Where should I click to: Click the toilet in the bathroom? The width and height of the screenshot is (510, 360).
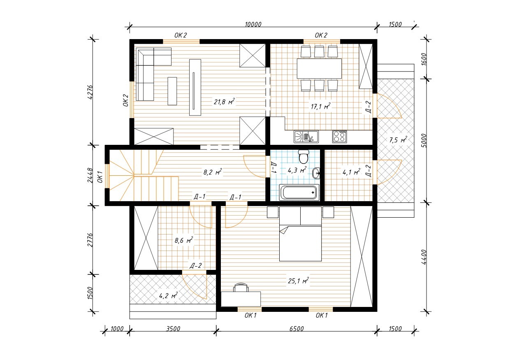pyautogui.click(x=303, y=156)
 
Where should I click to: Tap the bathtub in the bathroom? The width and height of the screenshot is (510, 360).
pyautogui.click(x=299, y=193)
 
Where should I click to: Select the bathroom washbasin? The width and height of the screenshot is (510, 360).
pyautogui.click(x=316, y=174)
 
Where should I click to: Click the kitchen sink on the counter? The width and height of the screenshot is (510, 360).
pyautogui.click(x=306, y=137)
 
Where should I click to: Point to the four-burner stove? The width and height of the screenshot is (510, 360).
pyautogui.click(x=339, y=137)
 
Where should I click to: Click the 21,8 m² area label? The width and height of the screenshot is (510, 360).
pyautogui.click(x=224, y=102)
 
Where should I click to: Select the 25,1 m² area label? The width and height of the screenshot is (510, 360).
pyautogui.click(x=298, y=281)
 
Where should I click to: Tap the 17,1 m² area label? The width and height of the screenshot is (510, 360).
pyautogui.click(x=320, y=106)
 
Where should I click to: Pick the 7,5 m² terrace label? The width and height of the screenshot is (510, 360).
pyautogui.click(x=398, y=140)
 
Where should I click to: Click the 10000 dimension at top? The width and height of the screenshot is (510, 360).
pyautogui.click(x=253, y=24)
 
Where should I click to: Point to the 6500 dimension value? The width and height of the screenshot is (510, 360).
pyautogui.click(x=297, y=329)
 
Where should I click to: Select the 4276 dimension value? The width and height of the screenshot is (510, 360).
pyautogui.click(x=90, y=92)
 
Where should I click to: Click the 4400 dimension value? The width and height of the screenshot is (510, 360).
pyautogui.click(x=424, y=257)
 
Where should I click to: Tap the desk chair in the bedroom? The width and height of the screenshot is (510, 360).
pyautogui.click(x=241, y=287)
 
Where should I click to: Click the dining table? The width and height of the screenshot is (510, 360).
pyautogui.click(x=319, y=69)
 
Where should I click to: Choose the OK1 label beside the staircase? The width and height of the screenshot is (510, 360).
pyautogui.click(x=100, y=177)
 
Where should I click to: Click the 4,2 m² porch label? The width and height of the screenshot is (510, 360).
pyautogui.click(x=168, y=295)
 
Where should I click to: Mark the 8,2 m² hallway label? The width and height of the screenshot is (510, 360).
pyautogui.click(x=213, y=172)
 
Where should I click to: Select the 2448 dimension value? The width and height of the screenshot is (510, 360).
pyautogui.click(x=90, y=176)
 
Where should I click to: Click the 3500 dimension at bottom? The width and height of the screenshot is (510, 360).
pyautogui.click(x=173, y=329)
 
